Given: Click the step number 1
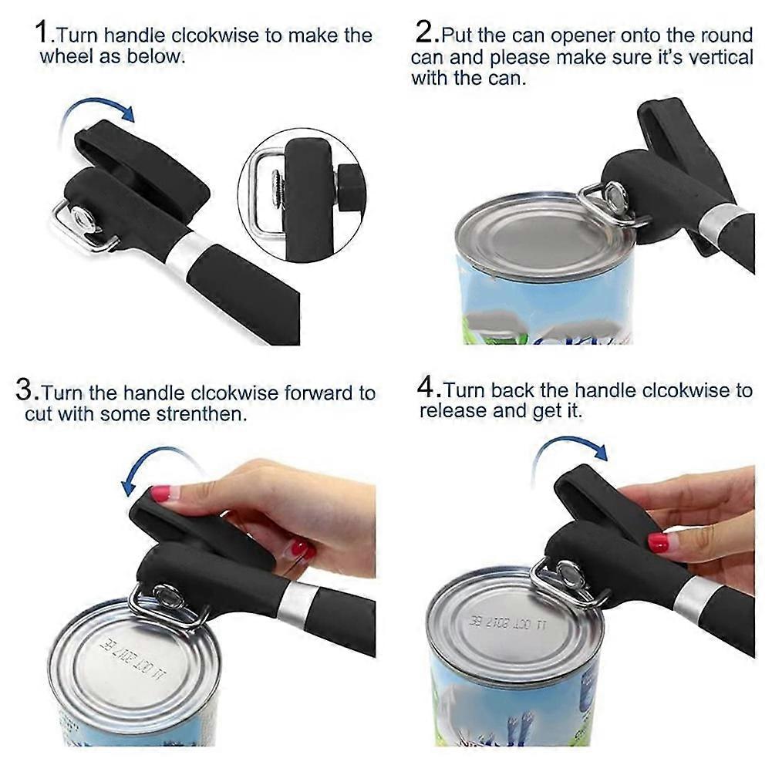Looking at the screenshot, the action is pyautogui.click(x=42, y=33).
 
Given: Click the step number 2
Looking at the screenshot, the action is pyautogui.click(x=424, y=32).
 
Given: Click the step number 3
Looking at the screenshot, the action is pyautogui.click(x=25, y=390).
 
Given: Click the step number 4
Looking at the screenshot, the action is pyautogui.click(x=427, y=387).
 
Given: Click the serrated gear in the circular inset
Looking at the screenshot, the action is pyautogui.click(x=278, y=190).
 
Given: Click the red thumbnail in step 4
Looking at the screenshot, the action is pyautogui.click(x=659, y=541).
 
